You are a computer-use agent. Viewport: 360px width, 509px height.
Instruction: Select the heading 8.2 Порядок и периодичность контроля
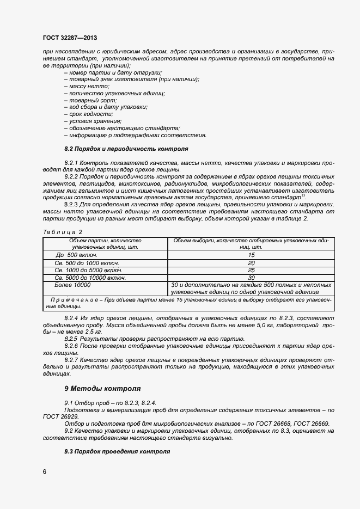[126, 149]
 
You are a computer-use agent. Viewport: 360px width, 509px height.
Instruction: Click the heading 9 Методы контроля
[102, 389]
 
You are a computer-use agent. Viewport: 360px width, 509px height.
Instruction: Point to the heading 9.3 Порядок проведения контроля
[117, 452]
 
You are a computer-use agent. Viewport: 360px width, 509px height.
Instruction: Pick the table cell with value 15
[251, 255]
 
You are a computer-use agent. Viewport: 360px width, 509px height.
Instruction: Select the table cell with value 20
[251, 263]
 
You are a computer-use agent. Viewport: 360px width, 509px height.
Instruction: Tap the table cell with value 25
[251, 270]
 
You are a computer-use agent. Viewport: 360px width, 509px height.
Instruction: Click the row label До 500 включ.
[76, 255]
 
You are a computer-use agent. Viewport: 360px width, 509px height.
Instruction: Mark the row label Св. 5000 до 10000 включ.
[90, 277]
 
